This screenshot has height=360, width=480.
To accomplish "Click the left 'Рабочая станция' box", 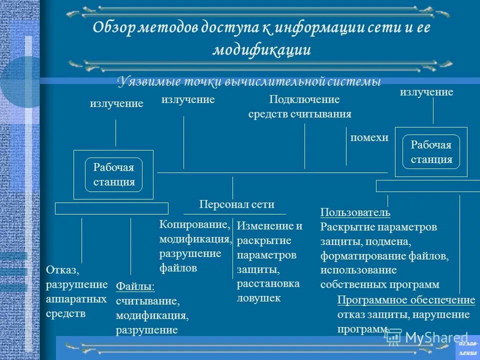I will click(113, 174).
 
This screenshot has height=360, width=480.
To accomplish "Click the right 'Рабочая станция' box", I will click(431, 152).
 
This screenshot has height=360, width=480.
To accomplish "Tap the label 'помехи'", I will click(369, 138).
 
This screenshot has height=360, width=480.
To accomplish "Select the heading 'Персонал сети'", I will click(236, 204).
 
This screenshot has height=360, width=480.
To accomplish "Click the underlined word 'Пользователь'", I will click(355, 213).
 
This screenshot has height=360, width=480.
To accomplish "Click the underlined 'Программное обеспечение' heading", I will click(406, 300).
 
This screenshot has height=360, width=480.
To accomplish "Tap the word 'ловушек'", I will click(259, 298).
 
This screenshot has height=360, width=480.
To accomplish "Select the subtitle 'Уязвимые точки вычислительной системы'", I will click(249, 81).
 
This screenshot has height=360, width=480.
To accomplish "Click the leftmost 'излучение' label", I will click(116, 103).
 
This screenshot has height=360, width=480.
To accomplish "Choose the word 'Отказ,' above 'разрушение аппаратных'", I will click(62, 270).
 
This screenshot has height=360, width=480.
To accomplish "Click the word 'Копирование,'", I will click(194, 225).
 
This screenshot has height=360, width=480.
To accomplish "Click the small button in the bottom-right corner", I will click(467, 348).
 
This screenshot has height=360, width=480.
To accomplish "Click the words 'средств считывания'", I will click(300, 114).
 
